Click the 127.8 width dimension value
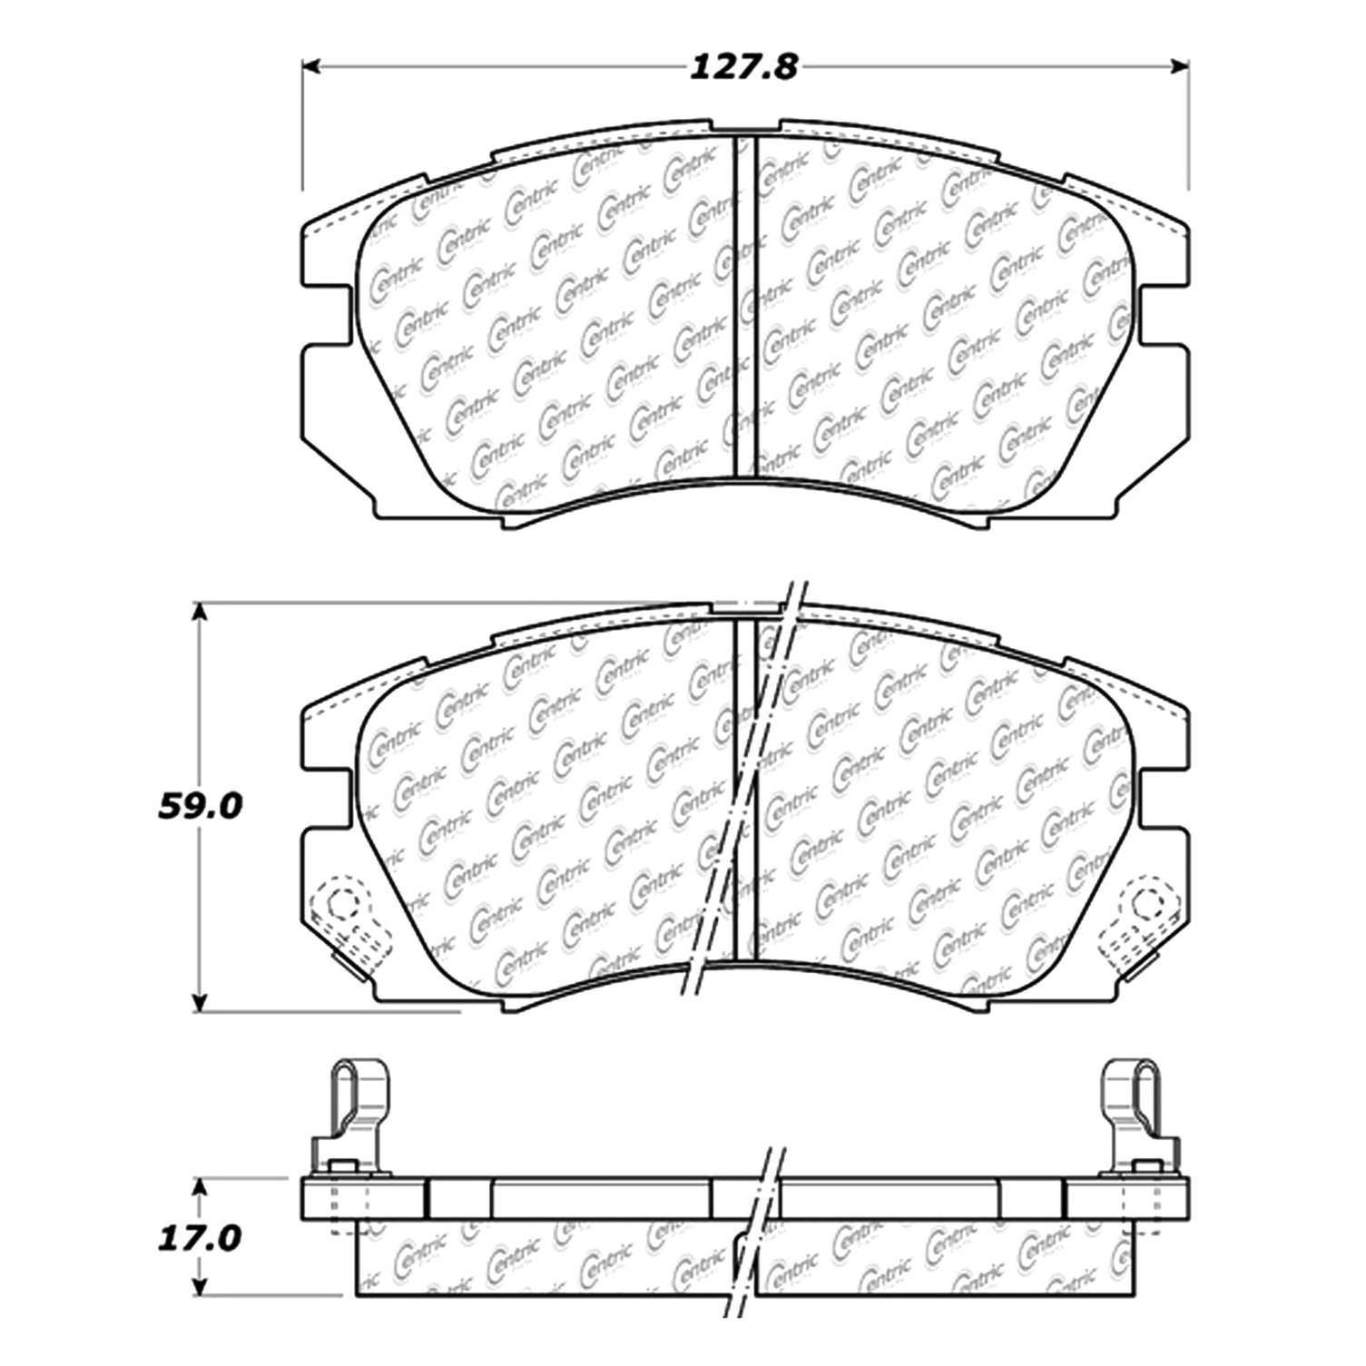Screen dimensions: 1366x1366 coord(744,67)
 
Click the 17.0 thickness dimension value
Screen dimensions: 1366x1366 coord(200,1237)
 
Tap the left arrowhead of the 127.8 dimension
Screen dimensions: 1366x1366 coord(311,66)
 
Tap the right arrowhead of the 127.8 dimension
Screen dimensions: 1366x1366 coord(1179,66)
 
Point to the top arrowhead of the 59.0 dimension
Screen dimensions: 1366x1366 coord(201,613)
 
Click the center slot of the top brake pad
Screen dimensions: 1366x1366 coord(744,307)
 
